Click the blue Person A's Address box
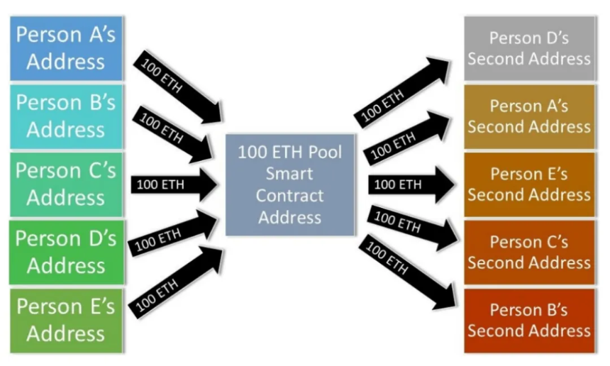tap(66, 48)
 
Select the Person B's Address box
tap(66, 117)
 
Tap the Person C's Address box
tap(66, 184)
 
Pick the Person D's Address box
tap(66, 253)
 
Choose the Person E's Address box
tap(66, 321)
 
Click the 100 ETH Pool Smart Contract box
tap(290, 184)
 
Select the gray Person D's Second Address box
tap(529, 48)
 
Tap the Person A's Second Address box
tap(529, 117)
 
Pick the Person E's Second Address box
tap(529, 184)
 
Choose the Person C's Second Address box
tap(529, 253)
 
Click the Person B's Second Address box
tap(529, 321)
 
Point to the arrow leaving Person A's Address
tap(177, 87)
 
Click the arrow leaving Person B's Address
tap(173, 134)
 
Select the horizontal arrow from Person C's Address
tap(174, 184)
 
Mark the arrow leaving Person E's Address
tap(175, 283)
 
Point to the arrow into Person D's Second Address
tap(402, 92)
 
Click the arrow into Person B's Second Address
tap(407, 272)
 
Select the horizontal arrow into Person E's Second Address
tap(411, 184)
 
